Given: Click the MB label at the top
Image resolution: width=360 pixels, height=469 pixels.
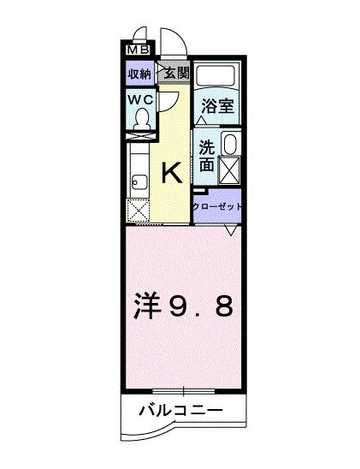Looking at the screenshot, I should (x=137, y=50).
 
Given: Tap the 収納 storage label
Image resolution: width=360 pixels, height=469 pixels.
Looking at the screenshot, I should (x=140, y=74).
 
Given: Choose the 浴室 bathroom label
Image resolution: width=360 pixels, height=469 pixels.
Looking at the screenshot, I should (x=216, y=107).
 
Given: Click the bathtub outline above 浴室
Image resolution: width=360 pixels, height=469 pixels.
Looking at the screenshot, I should (x=217, y=77).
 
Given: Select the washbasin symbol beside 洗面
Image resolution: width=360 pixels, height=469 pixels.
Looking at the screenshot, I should (x=230, y=143).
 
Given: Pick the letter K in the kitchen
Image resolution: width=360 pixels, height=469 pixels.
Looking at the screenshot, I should (x=171, y=174).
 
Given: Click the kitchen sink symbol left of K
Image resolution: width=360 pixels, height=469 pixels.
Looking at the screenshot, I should (x=140, y=181).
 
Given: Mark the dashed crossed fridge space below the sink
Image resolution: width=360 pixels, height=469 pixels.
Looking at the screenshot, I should (x=139, y=211).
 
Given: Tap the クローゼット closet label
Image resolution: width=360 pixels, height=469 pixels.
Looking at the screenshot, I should (x=217, y=206).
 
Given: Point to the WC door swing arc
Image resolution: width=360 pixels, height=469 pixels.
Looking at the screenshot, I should (x=170, y=98).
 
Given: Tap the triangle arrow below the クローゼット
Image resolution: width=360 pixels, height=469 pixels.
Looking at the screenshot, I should (x=231, y=230).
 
